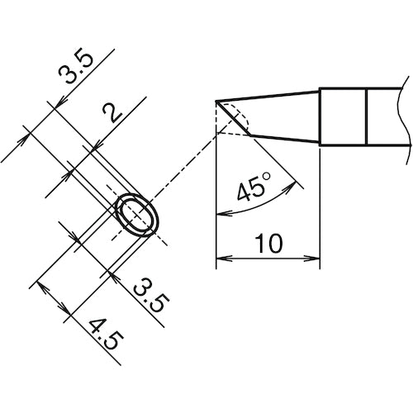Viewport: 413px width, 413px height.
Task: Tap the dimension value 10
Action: tap(268, 244)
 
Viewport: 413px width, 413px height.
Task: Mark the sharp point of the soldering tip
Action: tap(216, 102)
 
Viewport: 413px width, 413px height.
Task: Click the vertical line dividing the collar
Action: tap(367, 117)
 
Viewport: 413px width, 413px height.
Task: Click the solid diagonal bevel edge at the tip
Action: tap(233, 119)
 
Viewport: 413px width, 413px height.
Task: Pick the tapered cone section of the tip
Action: tap(281, 116)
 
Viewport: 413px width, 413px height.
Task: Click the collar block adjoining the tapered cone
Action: tap(343, 117)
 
